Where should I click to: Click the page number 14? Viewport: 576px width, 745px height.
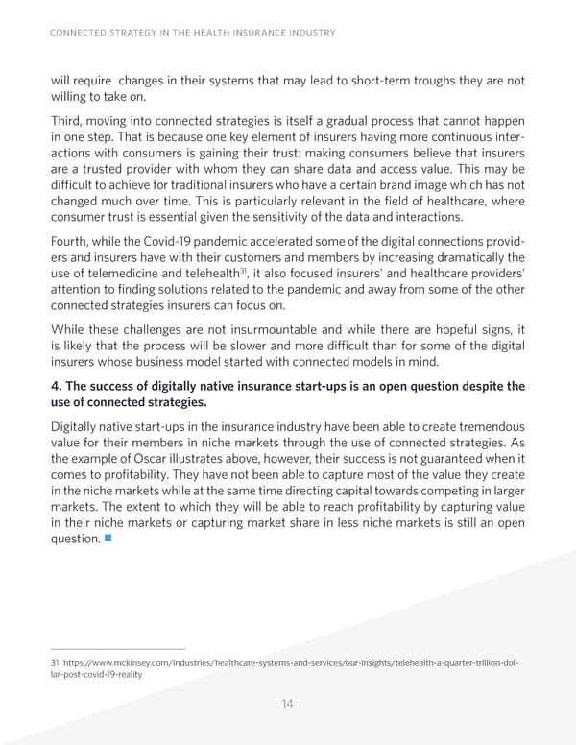click(x=287, y=704)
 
